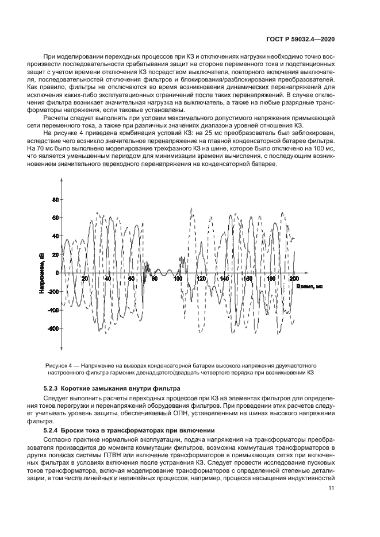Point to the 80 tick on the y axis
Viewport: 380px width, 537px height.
coord(56,200)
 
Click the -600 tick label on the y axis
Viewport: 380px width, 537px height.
coord(52,329)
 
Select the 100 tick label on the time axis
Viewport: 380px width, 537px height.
coord(178,279)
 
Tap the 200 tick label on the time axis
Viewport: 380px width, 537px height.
coord(295,279)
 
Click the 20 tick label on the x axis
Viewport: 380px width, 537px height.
coord(85,279)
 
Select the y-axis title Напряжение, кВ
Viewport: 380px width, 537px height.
coord(42,273)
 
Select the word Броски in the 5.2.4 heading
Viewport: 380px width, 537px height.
coord(78,430)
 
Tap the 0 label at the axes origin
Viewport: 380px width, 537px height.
coord(57,273)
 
